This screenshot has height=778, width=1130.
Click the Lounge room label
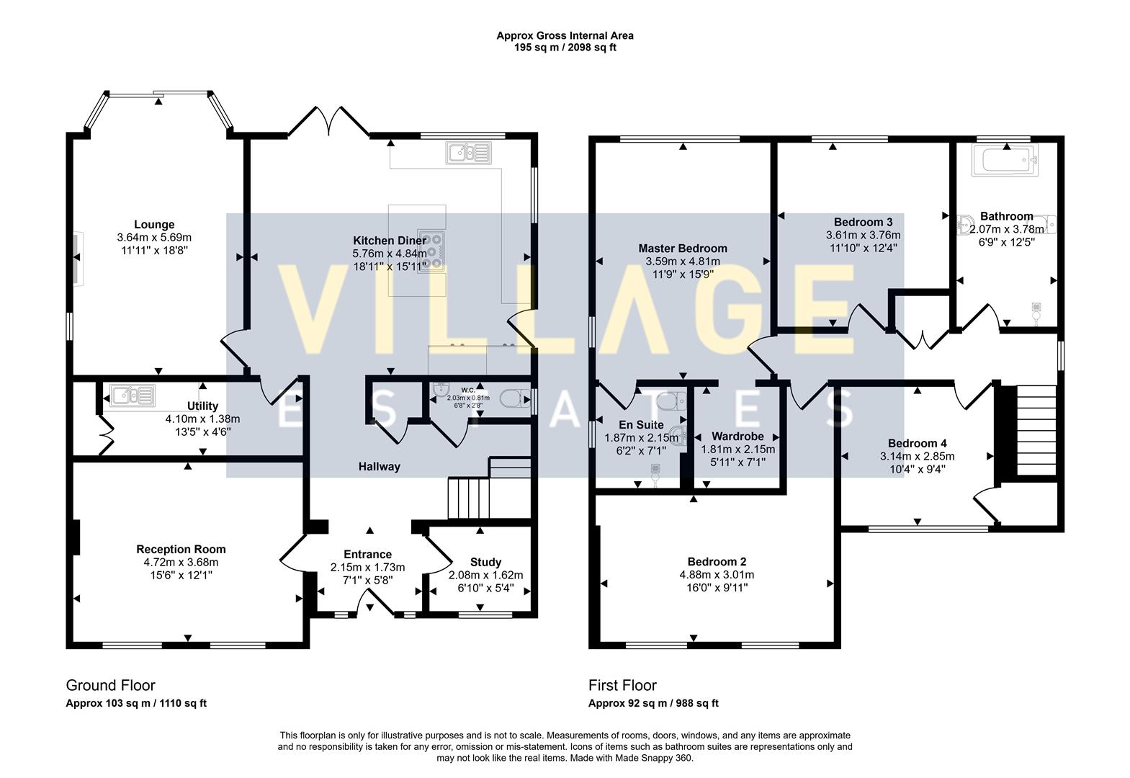pyautogui.click(x=154, y=225)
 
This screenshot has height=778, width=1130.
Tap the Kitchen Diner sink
pyautogui.click(x=469, y=153)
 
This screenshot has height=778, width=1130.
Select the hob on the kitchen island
pyautogui.click(x=432, y=251)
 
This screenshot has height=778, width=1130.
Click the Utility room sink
pyautogui.click(x=133, y=396)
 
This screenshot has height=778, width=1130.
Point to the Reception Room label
pyautogui.click(x=181, y=549)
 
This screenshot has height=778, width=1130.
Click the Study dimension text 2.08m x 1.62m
pyautogui.click(x=486, y=575)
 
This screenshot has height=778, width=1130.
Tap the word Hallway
pyautogui.click(x=380, y=467)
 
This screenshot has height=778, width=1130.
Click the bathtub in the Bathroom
pyautogui.click(x=1005, y=161)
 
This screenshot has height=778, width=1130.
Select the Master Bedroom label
pyautogui.click(x=683, y=249)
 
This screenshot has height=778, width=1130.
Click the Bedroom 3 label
pyautogui.click(x=863, y=222)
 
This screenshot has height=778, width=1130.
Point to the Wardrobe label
pyautogui.click(x=737, y=437)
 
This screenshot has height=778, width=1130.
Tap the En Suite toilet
pyautogui.click(x=671, y=401)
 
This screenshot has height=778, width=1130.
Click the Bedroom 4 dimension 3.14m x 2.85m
pyautogui.click(x=917, y=457)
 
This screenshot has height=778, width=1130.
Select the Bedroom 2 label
pyautogui.click(x=717, y=562)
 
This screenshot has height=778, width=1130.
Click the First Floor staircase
pyautogui.click(x=1036, y=430)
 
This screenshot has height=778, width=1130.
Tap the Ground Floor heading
pyautogui.click(x=110, y=685)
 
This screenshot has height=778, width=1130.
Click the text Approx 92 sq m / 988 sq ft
pyautogui.click(x=653, y=703)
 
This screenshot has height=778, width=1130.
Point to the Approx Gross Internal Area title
pyautogui.click(x=565, y=36)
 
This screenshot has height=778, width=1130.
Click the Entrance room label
pyautogui.click(x=368, y=554)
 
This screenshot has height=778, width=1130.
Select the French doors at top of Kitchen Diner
pyautogui.click(x=328, y=121)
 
